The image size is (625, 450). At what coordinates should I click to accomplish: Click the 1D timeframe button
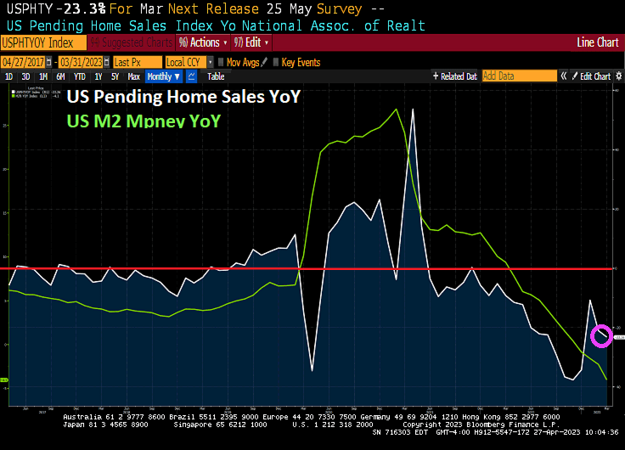point(9,76)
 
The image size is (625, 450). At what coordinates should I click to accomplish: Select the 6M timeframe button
point(60,76)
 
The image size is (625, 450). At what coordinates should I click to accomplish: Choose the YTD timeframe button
point(78,76)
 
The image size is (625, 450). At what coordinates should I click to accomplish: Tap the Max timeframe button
point(133,76)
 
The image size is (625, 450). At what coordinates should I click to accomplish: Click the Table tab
point(216,76)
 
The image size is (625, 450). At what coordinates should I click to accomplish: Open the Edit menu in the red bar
point(252,42)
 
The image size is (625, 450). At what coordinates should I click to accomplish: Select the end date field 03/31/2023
point(82,62)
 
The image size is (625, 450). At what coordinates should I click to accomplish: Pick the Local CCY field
point(186,62)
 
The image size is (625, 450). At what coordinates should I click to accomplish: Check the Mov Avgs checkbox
point(220,62)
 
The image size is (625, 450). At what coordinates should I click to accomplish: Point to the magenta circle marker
point(600,336)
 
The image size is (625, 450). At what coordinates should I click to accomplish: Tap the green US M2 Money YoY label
point(144,121)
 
